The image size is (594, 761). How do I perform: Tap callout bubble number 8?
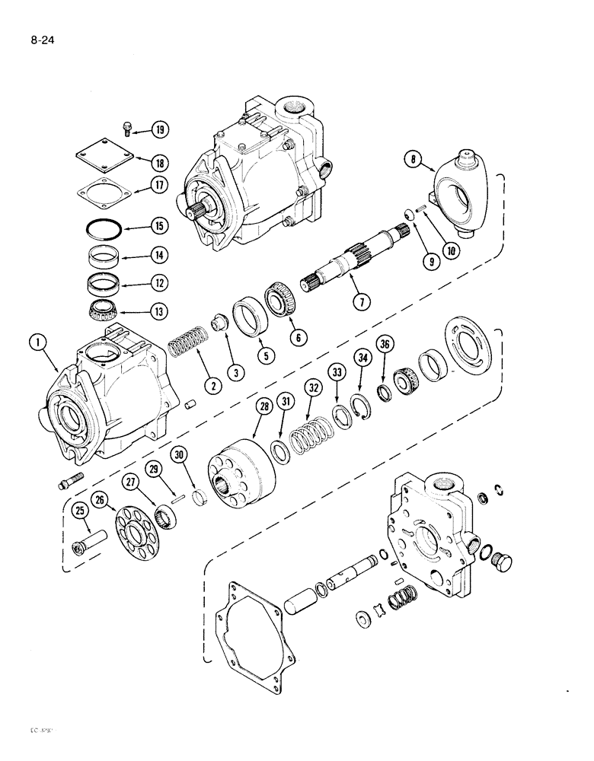417,161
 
